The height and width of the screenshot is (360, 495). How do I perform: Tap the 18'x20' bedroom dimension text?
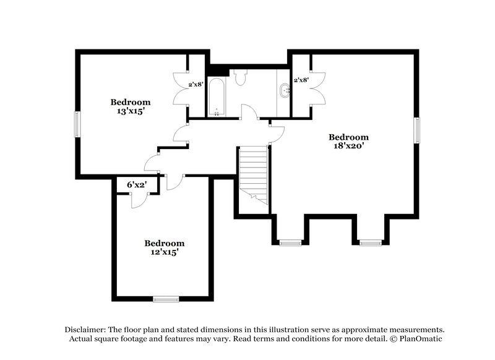pyautogui.click(x=348, y=147)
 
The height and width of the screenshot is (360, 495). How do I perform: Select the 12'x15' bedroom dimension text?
pyautogui.click(x=164, y=252)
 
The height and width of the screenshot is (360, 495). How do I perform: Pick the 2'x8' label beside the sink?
pyautogui.click(x=301, y=80)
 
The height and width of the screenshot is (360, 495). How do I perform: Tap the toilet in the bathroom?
pyautogui.click(x=241, y=77)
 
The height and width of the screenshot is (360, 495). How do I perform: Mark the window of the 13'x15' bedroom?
pyautogui.click(x=77, y=125)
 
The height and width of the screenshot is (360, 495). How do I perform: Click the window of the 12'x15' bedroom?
pyautogui.click(x=166, y=299)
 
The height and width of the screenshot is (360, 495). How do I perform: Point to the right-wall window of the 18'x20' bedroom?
pyautogui.click(x=417, y=131)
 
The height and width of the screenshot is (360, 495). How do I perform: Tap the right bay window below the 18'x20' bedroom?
pyautogui.click(x=371, y=242)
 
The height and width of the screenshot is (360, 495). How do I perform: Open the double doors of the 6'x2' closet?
pyautogui.click(x=139, y=198)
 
